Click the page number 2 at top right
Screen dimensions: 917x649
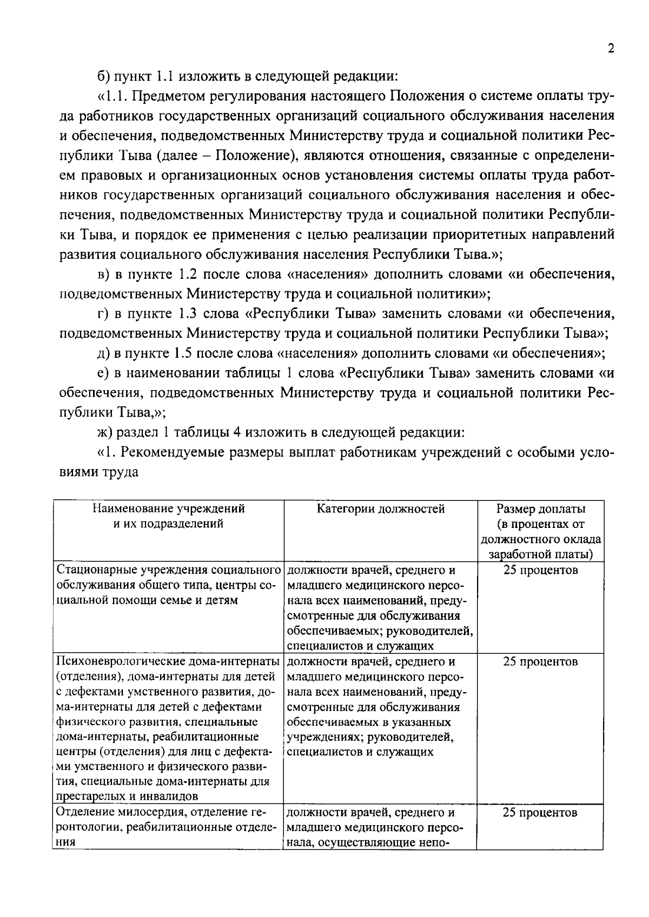point(611,49)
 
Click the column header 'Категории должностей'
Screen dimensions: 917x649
point(381,509)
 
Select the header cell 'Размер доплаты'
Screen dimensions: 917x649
point(540,509)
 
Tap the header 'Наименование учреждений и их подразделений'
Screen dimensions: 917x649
point(168,516)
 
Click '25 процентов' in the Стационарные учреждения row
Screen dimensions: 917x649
point(540,571)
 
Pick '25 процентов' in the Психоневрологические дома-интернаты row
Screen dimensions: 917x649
point(540,662)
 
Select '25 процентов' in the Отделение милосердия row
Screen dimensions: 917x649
point(540,813)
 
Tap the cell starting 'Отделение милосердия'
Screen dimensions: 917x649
point(168,827)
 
